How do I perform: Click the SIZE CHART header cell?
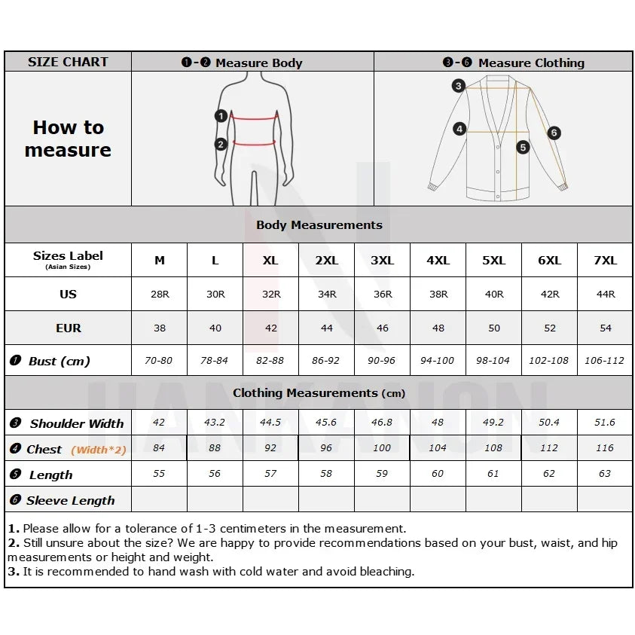pos(68,62)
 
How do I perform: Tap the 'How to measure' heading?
pos(68,139)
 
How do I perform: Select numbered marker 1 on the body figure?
pos(221,116)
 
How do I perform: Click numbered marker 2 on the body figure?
pos(221,145)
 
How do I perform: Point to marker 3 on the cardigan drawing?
pos(458,86)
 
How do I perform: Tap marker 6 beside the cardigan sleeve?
pos(554,133)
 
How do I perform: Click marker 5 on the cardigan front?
pos(523,148)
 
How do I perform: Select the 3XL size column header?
pos(382,261)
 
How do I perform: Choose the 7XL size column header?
pos(604,261)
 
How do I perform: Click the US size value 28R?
pos(160,295)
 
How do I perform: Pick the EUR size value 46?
pos(382,328)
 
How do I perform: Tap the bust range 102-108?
pos(548,361)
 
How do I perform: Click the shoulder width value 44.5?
pos(270,423)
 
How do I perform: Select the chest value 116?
pos(604,448)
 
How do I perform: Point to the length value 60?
pos(438,474)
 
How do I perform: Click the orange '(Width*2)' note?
pos(99,450)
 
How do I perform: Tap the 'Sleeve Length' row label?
pos(70,501)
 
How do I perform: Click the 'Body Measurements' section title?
pos(319,225)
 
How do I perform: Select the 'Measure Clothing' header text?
pos(531,63)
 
